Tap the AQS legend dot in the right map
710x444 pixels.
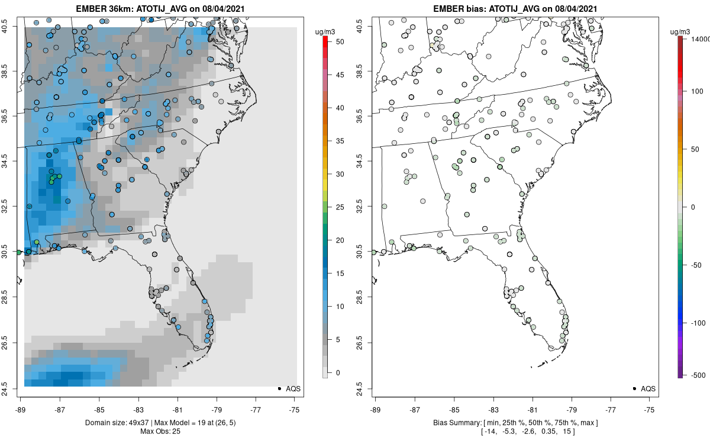pos(634,388)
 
